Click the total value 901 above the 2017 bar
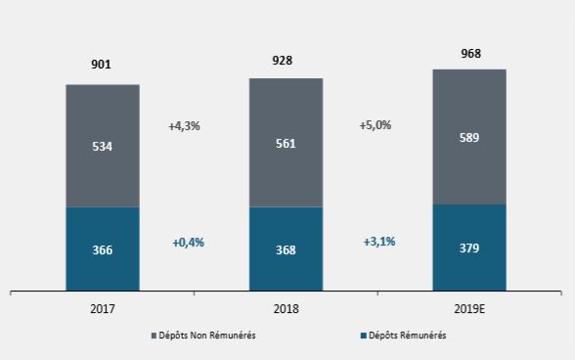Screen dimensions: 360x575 coord(102,65)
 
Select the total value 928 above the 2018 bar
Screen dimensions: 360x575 coord(286,60)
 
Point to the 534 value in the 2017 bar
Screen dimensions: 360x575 coord(102,146)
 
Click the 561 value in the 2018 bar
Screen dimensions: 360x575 coord(286,143)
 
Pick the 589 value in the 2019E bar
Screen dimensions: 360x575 coord(468,139)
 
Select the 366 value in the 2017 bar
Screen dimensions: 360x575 coord(102,250)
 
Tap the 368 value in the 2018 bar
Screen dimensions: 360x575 coord(286,250)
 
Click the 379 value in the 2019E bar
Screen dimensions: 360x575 coord(468,249)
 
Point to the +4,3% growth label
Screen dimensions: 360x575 coord(184,126)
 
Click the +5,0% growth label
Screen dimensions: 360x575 coord(375,125)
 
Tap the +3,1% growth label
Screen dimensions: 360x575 coord(378,242)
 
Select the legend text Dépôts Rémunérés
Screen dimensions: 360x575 coord(407,336)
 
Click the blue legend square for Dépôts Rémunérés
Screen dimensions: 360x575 coord(365,336)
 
